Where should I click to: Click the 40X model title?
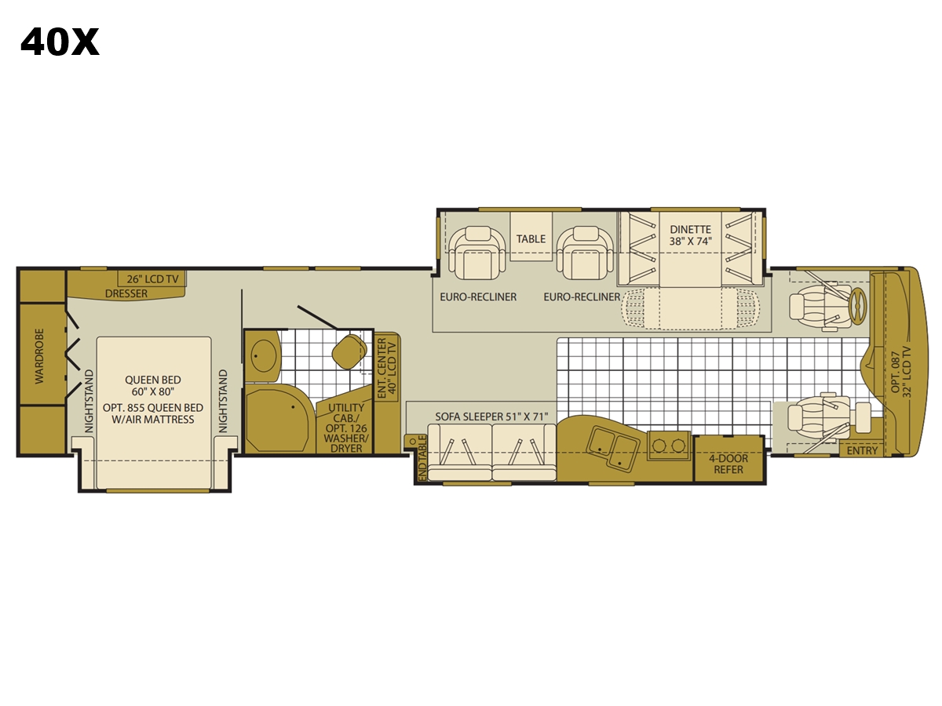(x=60, y=42)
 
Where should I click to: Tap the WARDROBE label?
(x=39, y=356)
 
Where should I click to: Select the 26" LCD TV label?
(x=152, y=279)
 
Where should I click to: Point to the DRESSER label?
(x=126, y=293)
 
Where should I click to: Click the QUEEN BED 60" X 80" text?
(x=153, y=386)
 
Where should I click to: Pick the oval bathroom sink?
(x=264, y=356)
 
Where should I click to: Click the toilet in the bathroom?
(x=349, y=351)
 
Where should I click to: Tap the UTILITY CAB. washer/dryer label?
(x=346, y=428)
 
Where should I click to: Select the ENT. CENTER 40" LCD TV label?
(x=387, y=368)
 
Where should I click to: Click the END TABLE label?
(x=422, y=458)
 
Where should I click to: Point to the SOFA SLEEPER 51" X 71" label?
(x=491, y=417)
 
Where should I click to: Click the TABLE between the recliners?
(x=531, y=238)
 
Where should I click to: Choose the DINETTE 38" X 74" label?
(x=690, y=235)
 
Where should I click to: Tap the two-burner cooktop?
(x=669, y=446)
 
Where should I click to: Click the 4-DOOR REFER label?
(x=728, y=464)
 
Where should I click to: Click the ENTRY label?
(x=862, y=450)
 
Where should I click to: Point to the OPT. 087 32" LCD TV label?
(x=901, y=372)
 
